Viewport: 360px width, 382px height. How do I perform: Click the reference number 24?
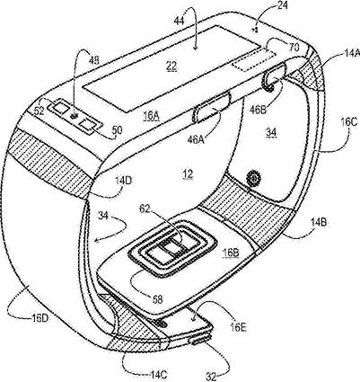tap(282, 6)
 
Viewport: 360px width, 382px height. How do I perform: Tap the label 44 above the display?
tap(180, 21)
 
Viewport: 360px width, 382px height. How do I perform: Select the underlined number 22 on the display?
tap(171, 66)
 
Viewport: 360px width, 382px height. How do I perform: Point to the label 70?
tap(294, 48)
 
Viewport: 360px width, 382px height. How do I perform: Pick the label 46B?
tap(258, 110)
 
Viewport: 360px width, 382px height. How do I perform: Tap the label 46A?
tap(196, 139)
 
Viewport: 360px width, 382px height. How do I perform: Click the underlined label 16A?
tap(152, 116)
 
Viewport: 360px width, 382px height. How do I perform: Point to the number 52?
tap(40, 111)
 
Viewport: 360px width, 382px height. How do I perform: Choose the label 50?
tap(117, 130)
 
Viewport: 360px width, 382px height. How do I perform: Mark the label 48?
tap(93, 61)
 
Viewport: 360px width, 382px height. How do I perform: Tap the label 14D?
tap(124, 182)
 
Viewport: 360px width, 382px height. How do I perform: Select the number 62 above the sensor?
tap(146, 208)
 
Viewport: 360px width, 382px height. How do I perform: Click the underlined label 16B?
tap(230, 253)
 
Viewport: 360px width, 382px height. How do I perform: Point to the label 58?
tap(158, 299)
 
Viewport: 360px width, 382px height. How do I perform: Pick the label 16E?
tap(239, 327)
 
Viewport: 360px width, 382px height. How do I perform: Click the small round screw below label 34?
tap(253, 179)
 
